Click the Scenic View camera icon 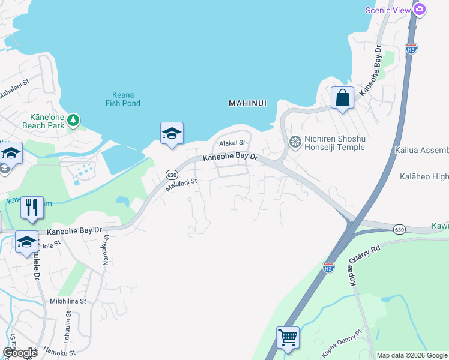pyautogui.click(x=420, y=10)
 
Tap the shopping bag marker pyautogui.click(x=342, y=98)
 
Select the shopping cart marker pyautogui.click(x=288, y=337)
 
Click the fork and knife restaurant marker pyautogui.click(x=32, y=207)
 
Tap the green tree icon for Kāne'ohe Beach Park pyautogui.click(x=73, y=120)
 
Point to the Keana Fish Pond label pyautogui.click(x=127, y=99)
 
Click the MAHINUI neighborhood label pyautogui.click(x=247, y=103)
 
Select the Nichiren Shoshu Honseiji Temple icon pyautogui.click(x=295, y=143)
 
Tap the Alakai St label pyautogui.click(x=233, y=143)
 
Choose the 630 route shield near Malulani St pyautogui.click(x=171, y=174)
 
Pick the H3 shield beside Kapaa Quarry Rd pyautogui.click(x=328, y=267)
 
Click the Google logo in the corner pyautogui.click(x=20, y=353)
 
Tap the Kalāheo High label pyautogui.click(x=424, y=177)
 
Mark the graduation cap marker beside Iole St pyautogui.click(x=26, y=242)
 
